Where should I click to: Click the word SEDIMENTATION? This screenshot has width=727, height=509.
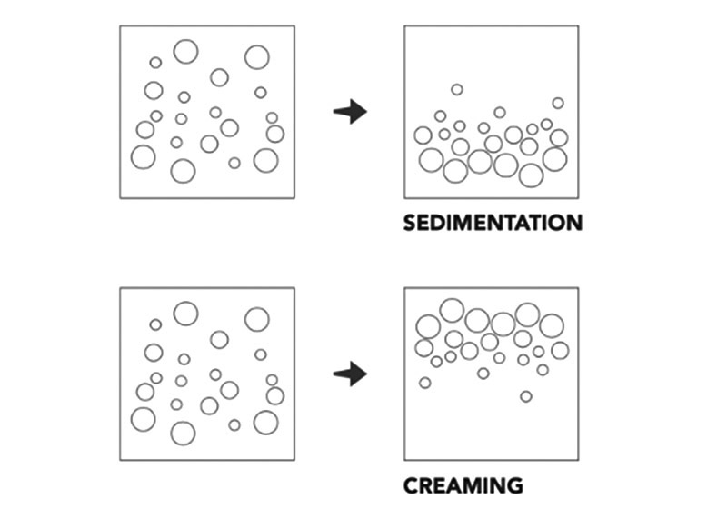click(x=492, y=224)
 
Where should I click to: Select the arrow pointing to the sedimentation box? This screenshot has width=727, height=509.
click(x=350, y=113)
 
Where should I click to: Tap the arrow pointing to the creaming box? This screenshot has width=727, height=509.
click(x=350, y=374)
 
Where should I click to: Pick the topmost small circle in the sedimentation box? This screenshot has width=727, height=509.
click(x=456, y=89)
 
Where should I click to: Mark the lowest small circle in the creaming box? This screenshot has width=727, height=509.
click(x=525, y=395)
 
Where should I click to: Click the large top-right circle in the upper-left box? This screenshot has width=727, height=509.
click(x=257, y=57)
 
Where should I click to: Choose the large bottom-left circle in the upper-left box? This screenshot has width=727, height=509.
click(x=143, y=157)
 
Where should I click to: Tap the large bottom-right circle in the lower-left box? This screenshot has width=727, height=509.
click(x=265, y=422)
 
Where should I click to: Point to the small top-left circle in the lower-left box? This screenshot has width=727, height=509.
click(x=155, y=324)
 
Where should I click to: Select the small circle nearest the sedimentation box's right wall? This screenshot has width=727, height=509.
click(x=558, y=104)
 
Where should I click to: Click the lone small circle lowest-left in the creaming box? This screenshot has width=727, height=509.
click(x=424, y=383)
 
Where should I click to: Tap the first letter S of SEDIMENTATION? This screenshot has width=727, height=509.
click(x=411, y=224)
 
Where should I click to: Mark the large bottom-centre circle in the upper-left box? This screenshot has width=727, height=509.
click(x=183, y=171)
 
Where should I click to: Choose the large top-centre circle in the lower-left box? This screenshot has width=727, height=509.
click(x=185, y=314)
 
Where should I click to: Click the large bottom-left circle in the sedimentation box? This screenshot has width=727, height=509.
click(x=431, y=160)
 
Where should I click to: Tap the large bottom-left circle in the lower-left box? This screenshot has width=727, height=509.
click(x=143, y=419)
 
